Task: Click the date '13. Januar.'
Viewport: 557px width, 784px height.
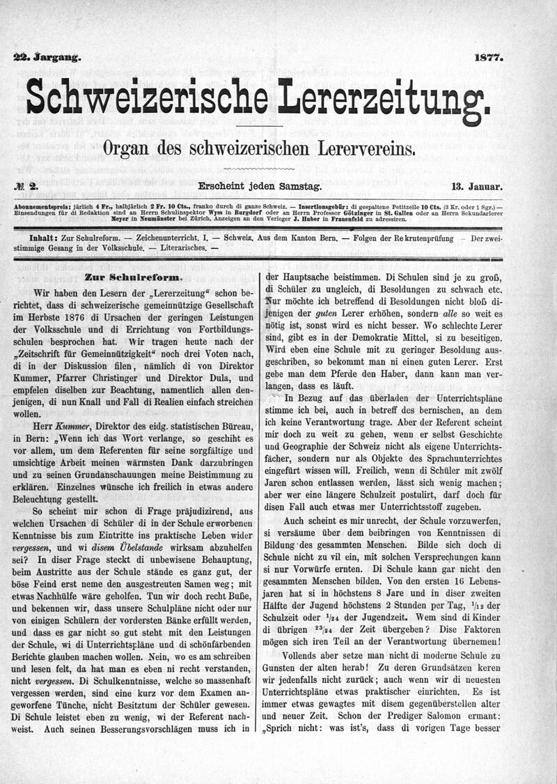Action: tap(477, 187)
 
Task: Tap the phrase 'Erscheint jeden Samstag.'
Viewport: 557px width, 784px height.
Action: tap(260, 187)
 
